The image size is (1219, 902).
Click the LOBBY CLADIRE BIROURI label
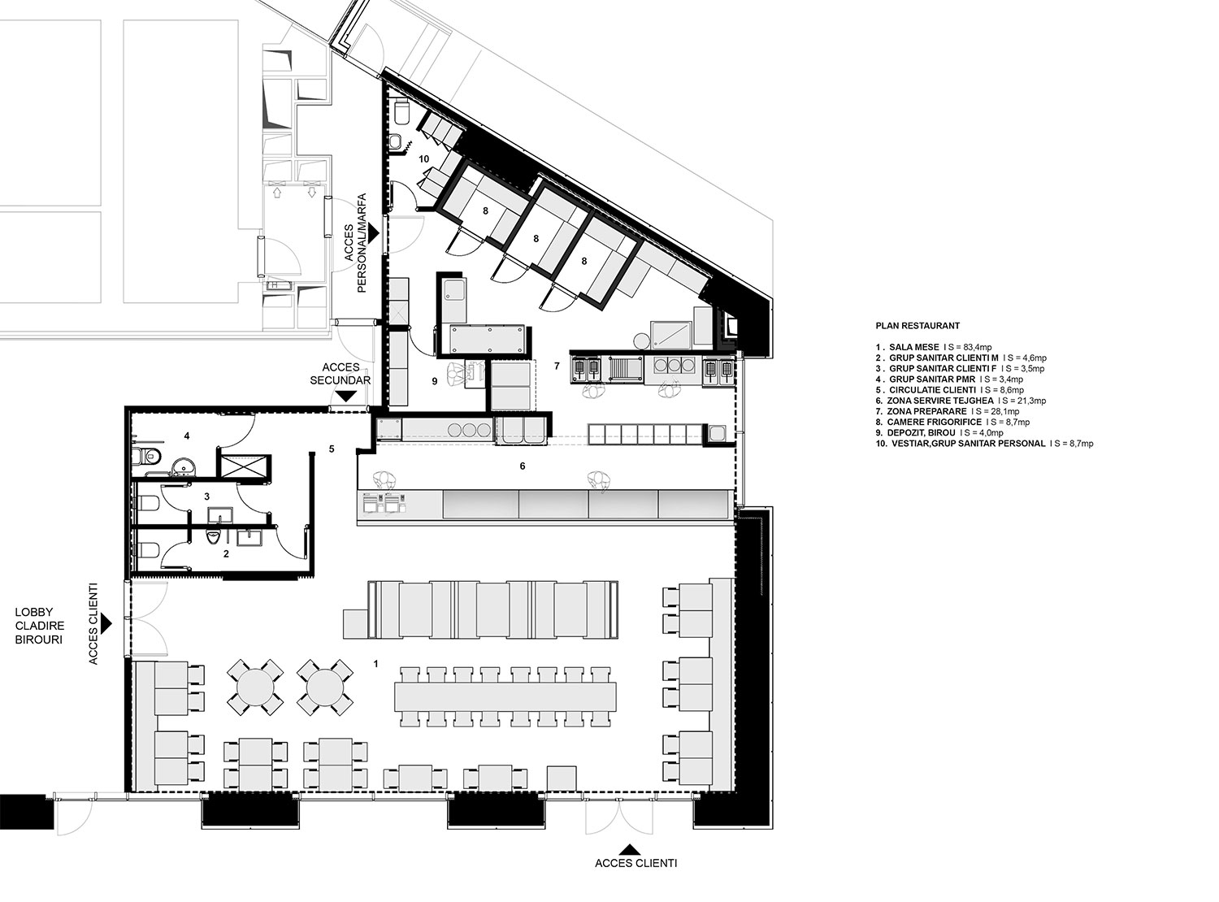(x=39, y=626)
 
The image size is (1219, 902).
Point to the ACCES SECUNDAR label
(x=341, y=373)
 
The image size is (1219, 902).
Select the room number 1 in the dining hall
(x=376, y=664)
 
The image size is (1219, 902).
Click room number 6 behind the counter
(x=522, y=466)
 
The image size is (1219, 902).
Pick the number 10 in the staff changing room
(x=423, y=159)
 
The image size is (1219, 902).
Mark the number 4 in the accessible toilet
(x=187, y=436)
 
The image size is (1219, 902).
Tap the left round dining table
(x=255, y=687)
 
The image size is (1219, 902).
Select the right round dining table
(x=325, y=687)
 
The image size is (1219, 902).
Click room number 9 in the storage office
(x=434, y=381)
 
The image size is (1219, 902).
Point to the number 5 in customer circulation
(x=332, y=449)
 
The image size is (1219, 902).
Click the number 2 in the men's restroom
(x=226, y=554)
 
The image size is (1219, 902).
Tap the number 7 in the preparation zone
(x=557, y=366)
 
